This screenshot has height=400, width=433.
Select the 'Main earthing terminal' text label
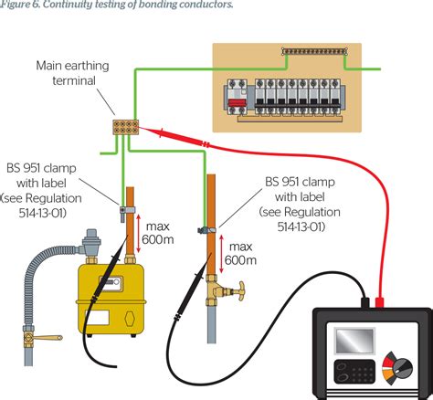(x=67, y=73)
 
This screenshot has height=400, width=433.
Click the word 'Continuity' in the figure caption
(x=75, y=5)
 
